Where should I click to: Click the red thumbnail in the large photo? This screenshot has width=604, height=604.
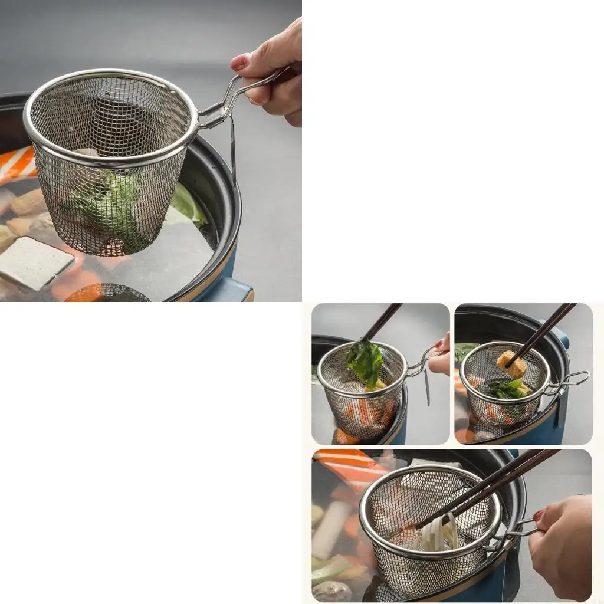point(239,62)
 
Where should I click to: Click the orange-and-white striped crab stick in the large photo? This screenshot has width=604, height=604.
point(17,165)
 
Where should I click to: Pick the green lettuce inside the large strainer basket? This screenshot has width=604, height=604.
point(109,203)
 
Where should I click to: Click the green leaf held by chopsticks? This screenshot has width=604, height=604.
point(365,361)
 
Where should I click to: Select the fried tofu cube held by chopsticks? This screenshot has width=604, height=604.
point(512,364)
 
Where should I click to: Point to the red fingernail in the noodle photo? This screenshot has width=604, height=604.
point(539,515)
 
